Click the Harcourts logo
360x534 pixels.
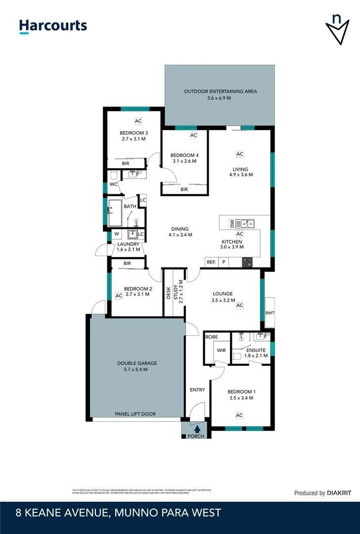tap(53, 26)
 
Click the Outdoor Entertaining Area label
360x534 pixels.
tap(220, 91)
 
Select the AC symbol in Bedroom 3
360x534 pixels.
tap(138, 121)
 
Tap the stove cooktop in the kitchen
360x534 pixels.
tap(247, 263)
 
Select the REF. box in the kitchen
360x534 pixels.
tap(211, 263)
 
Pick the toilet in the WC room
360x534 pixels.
tap(113, 175)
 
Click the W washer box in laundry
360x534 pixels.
tap(117, 234)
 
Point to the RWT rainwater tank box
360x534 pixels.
tap(270, 312)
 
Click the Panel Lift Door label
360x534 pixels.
tap(135, 414)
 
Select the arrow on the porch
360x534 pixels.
tap(197, 430)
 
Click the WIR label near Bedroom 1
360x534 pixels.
tap(221, 350)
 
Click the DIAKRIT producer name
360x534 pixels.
tap(339, 493)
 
